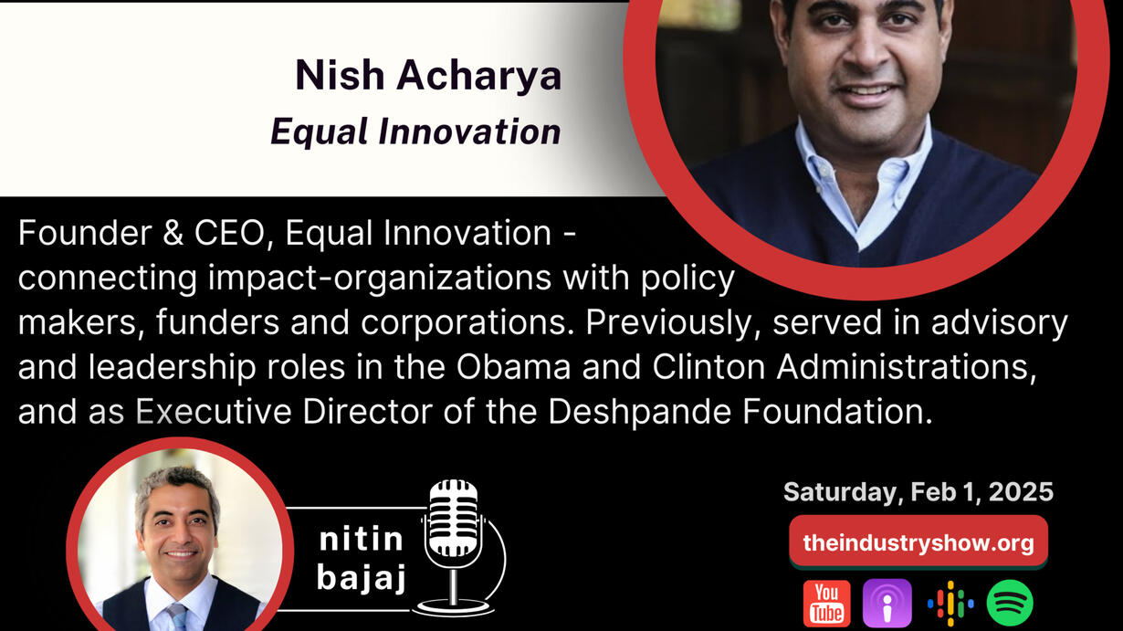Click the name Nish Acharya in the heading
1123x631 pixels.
pyautogui.click(x=428, y=76)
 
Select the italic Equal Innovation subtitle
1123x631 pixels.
pyautogui.click(x=415, y=131)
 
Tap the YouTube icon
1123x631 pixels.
pyautogui.click(x=826, y=603)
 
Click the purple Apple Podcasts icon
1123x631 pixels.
pyautogui.click(x=887, y=603)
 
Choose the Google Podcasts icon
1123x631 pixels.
pyautogui.click(x=950, y=604)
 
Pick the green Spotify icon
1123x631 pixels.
pyautogui.click(x=1010, y=603)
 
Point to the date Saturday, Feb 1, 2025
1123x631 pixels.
pyautogui.click(x=918, y=491)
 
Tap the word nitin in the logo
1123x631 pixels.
pyautogui.click(x=362, y=540)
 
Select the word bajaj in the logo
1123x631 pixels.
pyautogui.click(x=362, y=578)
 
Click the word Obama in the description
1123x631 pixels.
pyautogui.click(x=513, y=367)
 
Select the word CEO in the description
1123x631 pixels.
pyautogui.click(x=233, y=233)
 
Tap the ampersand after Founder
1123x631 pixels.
pyautogui.click(x=173, y=233)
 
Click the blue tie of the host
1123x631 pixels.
pyautogui.click(x=178, y=617)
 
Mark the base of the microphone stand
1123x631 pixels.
pyautogui.click(x=453, y=608)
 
